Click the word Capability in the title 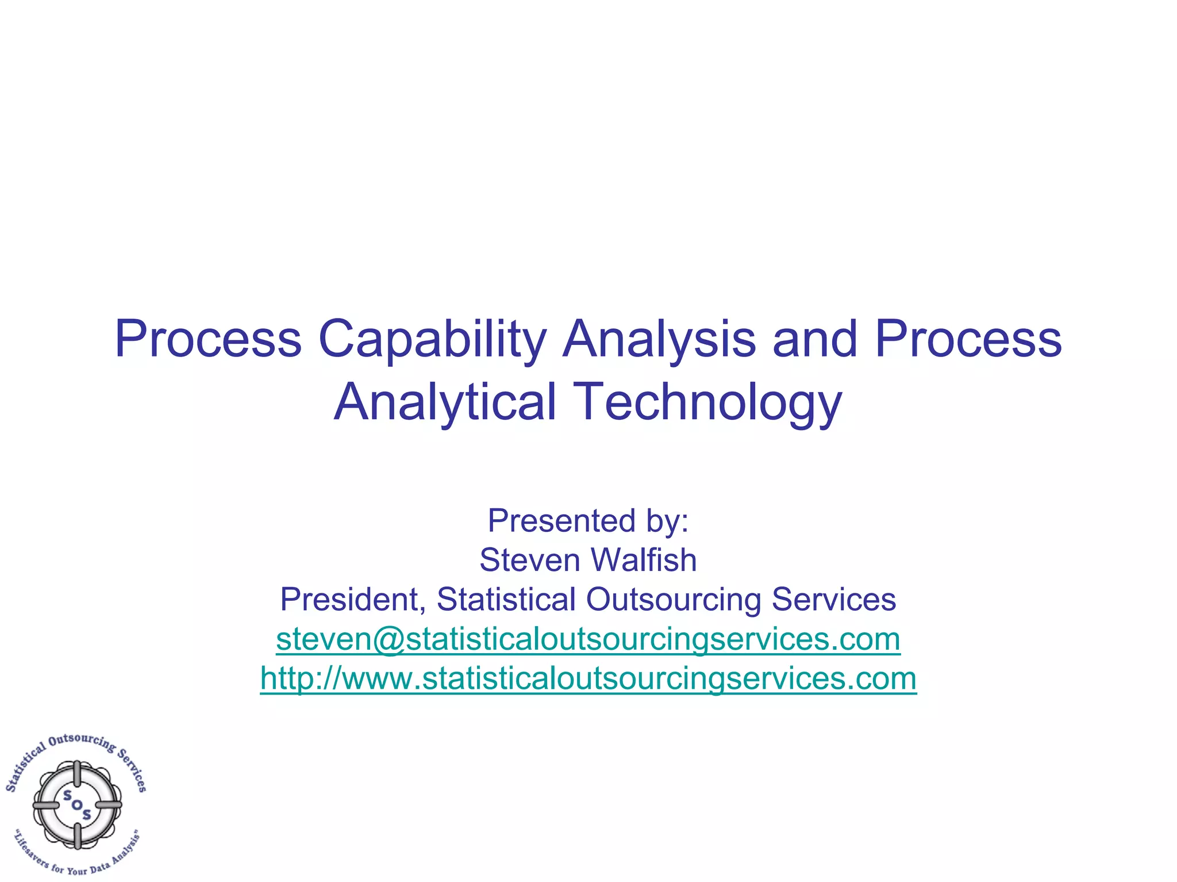(x=432, y=339)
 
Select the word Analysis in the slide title (x=659, y=339)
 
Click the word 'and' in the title (x=816, y=339)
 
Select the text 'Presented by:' (x=588, y=520)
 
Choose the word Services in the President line (x=833, y=599)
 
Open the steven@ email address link (x=588, y=639)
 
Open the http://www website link (x=588, y=678)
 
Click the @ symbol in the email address (x=390, y=639)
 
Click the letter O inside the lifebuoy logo (x=77, y=804)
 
